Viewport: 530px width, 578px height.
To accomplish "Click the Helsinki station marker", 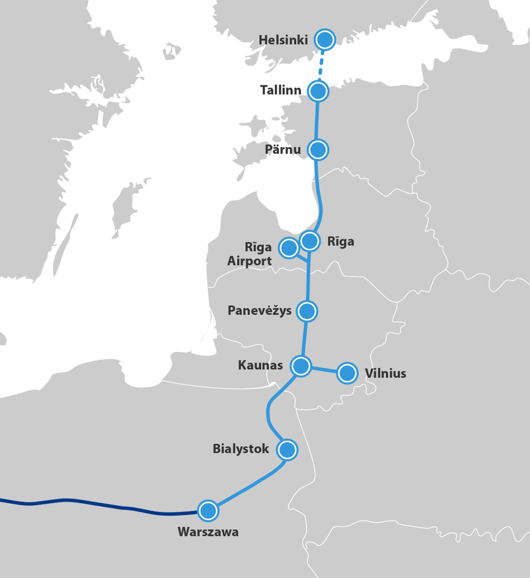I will (325, 40).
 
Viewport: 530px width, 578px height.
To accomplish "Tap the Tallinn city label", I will (281, 90).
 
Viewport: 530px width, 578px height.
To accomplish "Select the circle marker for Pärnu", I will (318, 150).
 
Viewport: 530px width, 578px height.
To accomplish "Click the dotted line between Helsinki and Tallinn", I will (321, 66).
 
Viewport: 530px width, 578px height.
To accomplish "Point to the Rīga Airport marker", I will (289, 248).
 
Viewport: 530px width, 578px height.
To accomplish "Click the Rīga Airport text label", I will (250, 255).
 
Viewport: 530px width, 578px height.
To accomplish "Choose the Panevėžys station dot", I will (307, 311).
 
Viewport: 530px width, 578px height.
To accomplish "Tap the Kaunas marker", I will (301, 366).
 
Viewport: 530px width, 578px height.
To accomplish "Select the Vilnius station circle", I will (347, 373).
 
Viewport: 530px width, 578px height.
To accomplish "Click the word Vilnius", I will (386, 374).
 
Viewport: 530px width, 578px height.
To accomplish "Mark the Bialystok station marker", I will (287, 450).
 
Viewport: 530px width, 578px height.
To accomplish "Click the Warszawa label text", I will (208, 532).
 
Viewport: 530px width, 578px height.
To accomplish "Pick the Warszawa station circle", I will (208, 510).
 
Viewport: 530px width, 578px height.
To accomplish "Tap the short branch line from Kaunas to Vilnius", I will (325, 369).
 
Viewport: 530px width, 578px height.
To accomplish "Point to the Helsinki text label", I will (283, 40).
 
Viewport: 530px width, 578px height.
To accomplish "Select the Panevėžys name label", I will (259, 311).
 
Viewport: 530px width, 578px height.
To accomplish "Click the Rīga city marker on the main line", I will (309, 241).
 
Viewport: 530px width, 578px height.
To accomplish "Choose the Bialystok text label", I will (240, 449).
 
